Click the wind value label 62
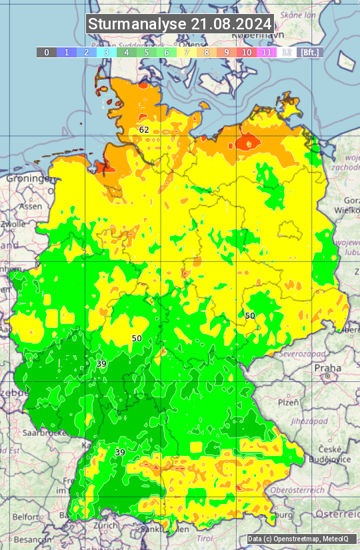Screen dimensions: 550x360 144,129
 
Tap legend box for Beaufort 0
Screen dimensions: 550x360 46,52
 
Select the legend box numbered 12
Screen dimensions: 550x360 287,52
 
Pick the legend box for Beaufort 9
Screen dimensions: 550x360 227,52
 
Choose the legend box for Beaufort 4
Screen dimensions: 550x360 126,52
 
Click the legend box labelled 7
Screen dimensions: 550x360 187,52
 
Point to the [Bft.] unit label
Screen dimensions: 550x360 309,52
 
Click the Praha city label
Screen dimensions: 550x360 327,367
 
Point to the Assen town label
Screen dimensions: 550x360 29,207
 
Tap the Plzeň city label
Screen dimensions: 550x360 288,403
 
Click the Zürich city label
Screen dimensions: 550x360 105,525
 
